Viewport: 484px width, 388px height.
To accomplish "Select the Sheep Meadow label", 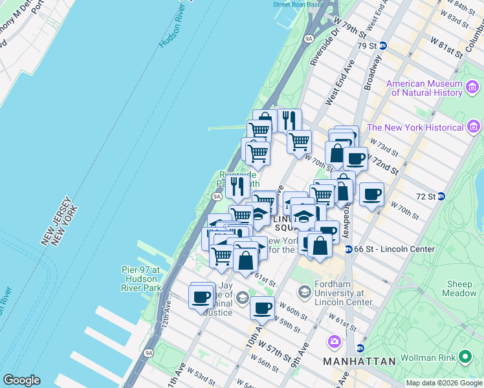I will (461, 288).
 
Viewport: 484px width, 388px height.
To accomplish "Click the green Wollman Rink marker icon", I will (464, 356).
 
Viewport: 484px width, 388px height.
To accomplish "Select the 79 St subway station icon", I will (382, 45).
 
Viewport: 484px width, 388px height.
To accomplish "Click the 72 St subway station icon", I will (441, 196).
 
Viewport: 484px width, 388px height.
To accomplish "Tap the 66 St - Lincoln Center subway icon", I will (348, 249).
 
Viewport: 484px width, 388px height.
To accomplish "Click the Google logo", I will (21, 380).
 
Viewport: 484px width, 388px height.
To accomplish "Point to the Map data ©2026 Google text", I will (444, 383).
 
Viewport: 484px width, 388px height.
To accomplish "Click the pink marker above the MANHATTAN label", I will (334, 341).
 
